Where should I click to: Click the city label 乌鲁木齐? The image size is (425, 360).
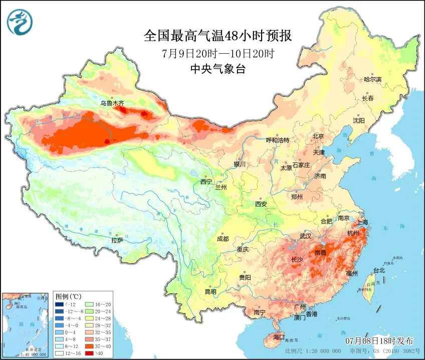coord(112,103)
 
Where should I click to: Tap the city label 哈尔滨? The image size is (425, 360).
coord(372,79)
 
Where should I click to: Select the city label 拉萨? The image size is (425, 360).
coord(117,240)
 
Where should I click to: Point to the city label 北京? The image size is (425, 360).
coord(319,136)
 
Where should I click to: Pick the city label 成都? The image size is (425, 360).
coord(223,239)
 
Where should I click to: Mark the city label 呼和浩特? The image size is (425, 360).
coord(278,140)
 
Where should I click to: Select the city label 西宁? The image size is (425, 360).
coord(206,182)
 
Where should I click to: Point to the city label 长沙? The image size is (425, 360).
coord(298,260)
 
